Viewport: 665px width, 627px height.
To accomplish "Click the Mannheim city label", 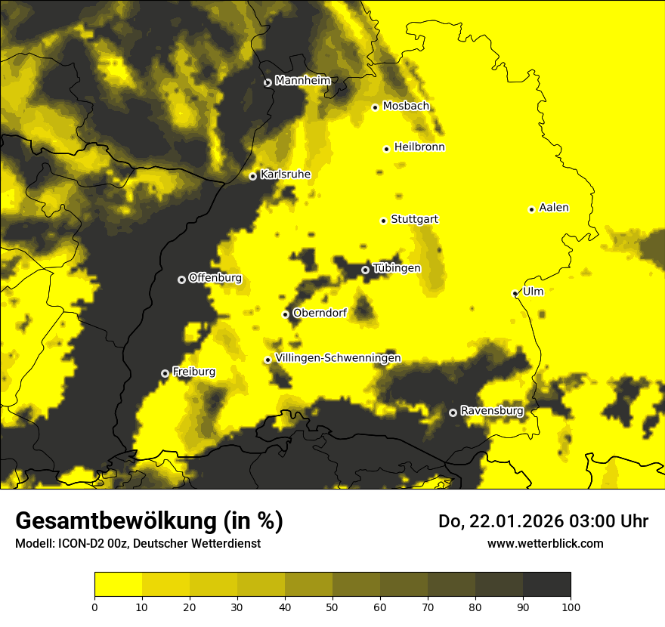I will point(303,81).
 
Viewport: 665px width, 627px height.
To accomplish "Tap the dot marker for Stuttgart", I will point(383,221).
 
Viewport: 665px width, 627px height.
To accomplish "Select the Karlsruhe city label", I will point(285,175).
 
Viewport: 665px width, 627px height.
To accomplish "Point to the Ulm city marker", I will point(515,293).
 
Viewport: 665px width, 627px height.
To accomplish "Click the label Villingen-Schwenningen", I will point(338,358).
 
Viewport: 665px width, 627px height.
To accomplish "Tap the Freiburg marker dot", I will point(165,373).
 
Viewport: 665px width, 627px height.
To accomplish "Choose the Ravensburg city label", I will point(491,411).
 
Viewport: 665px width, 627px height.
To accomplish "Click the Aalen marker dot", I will point(531,209).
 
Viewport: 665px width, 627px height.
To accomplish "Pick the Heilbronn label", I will point(419,147).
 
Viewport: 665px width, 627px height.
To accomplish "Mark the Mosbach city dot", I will point(375,107).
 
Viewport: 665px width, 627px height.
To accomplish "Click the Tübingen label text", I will point(397,268).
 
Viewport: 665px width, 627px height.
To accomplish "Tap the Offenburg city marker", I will point(181,280).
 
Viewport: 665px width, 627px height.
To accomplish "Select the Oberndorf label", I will point(320,313).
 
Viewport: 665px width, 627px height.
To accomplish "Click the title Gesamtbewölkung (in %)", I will point(149,521).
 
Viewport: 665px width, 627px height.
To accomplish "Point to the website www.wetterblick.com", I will point(545,543).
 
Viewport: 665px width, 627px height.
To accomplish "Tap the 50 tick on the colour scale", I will point(332,606).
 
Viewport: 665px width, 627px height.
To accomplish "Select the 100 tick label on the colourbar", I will point(571,606).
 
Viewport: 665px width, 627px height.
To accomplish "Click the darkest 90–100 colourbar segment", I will point(546,585).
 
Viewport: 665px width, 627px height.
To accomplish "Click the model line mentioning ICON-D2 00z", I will point(138,544).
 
